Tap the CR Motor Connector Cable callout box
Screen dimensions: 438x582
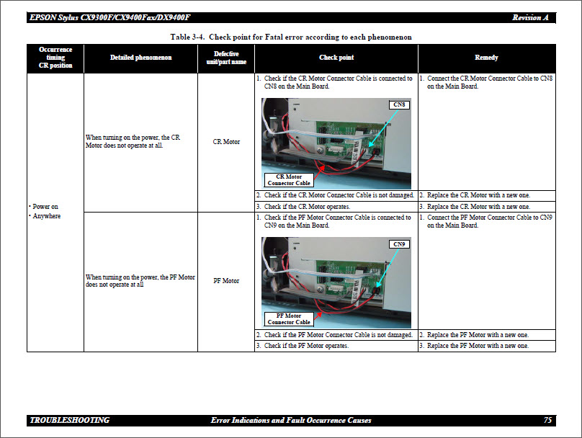pyautogui.click(x=289, y=179)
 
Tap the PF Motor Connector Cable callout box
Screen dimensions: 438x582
pyautogui.click(x=289, y=318)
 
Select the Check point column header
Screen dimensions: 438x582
pyautogui.click(x=336, y=58)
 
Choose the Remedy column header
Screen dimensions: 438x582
pyautogui.click(x=486, y=58)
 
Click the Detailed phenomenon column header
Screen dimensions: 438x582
pyautogui.click(x=140, y=58)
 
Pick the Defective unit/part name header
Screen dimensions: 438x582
pyautogui.click(x=226, y=58)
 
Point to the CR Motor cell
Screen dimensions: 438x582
pyautogui.click(x=226, y=142)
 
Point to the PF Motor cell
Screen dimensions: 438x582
pyautogui.click(x=226, y=281)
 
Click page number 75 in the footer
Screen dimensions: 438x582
pyautogui.click(x=548, y=420)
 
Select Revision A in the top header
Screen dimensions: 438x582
pyautogui.click(x=531, y=17)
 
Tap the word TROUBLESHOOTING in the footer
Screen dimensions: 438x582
pyautogui.click(x=70, y=420)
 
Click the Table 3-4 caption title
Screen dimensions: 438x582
pyautogui.click(x=291, y=37)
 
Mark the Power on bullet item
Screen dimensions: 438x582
pyautogui.click(x=45, y=206)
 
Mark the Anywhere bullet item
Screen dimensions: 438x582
pyautogui.click(x=47, y=216)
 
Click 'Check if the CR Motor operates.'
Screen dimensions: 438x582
pyautogui.click(x=307, y=207)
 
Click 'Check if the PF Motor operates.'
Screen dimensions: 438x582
pyautogui.click(x=306, y=346)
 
